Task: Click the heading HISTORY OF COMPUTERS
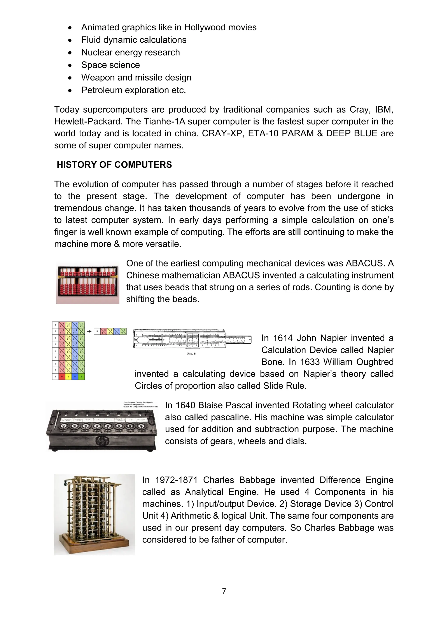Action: coord(114,165)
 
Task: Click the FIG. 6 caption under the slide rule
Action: coord(191,354)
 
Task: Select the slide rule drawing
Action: coord(192,339)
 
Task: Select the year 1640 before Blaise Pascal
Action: coord(185,405)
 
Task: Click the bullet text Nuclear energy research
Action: coord(130,52)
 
